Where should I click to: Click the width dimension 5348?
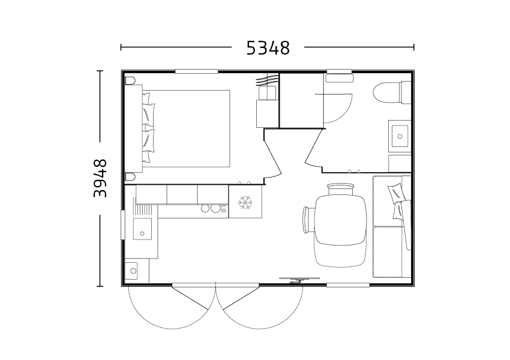(x=268, y=48)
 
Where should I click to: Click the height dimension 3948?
(x=100, y=178)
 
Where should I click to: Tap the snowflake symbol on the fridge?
(x=245, y=202)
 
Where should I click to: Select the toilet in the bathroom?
(x=392, y=92)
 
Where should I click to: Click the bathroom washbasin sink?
(x=400, y=136)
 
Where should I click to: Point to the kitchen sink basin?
(x=142, y=229)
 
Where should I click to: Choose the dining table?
(x=341, y=220)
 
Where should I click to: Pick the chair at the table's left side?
(x=308, y=220)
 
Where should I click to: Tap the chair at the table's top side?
(x=341, y=189)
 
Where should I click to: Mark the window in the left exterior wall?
(x=122, y=225)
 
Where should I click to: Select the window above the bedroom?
(x=196, y=71)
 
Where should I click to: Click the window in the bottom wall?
(x=347, y=285)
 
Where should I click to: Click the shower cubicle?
(x=302, y=101)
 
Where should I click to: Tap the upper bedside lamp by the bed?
(x=131, y=80)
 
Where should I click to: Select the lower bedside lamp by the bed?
(x=131, y=176)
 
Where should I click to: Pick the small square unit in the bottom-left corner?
(x=131, y=271)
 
